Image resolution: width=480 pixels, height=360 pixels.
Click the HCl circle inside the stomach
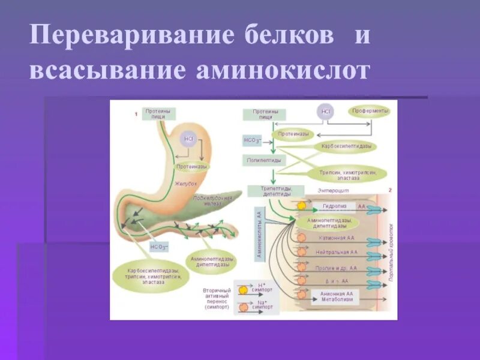pos(189,139)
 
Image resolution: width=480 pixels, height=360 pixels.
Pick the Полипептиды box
pos(264,161)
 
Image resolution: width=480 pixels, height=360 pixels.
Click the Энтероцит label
pos(334,190)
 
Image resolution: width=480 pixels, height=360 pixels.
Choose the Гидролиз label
pos(334,206)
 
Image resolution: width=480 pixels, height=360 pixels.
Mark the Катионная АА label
pos(337,238)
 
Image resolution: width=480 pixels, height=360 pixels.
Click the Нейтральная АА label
pos(337,253)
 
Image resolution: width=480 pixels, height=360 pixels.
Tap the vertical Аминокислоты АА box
pos(259,235)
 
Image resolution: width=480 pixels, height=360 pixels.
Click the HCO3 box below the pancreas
pos(159,246)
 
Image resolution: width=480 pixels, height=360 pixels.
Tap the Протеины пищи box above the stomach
pos(158,114)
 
